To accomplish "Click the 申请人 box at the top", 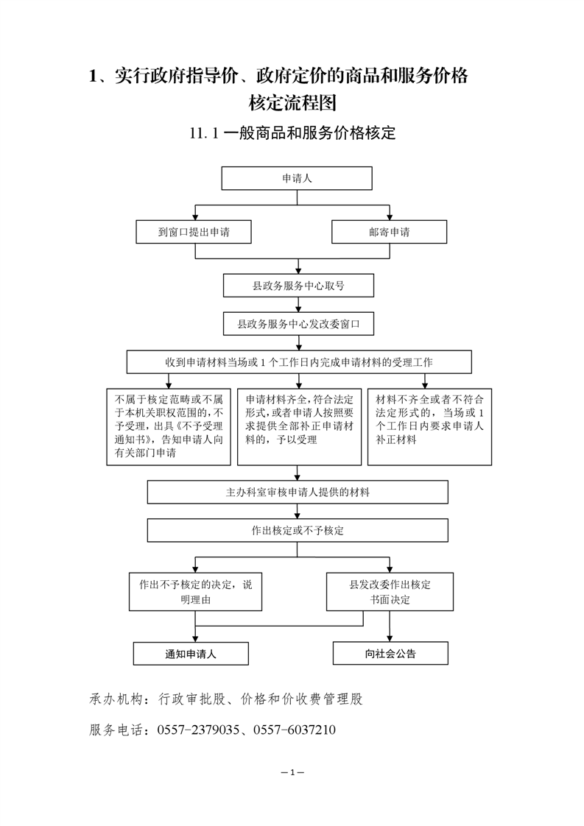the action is click(297, 178).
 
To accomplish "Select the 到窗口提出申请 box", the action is click(194, 232).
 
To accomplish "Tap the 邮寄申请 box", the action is click(389, 232).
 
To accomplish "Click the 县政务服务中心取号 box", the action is click(298, 286).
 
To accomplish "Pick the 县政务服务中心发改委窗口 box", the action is click(298, 323).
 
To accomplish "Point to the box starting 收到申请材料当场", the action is click(299, 362).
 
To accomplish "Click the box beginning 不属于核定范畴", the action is click(169, 427).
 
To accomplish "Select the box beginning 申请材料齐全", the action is click(300, 427).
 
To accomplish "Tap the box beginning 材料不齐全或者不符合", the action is click(429, 427).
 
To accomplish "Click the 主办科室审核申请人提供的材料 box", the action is click(298, 492).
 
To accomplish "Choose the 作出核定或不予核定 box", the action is click(298, 531).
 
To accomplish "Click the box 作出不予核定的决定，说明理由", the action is click(196, 592).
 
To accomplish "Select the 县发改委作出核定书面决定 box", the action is click(390, 592).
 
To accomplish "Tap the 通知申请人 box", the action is click(191, 654).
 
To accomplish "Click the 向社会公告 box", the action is click(390, 653).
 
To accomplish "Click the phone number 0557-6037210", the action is click(294, 730).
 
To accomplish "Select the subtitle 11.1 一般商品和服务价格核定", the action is click(292, 133).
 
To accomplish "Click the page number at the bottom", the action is click(292, 772).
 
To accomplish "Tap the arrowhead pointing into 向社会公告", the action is click(390, 638).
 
